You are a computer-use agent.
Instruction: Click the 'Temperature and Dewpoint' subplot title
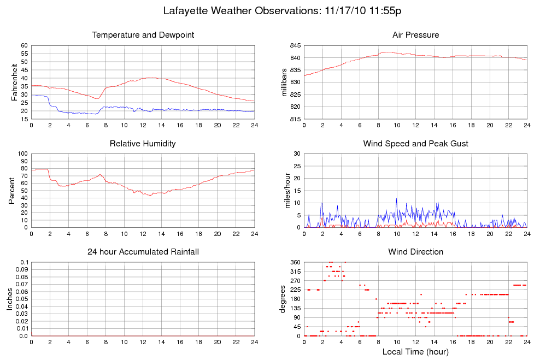143,35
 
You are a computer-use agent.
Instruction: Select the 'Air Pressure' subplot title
415,35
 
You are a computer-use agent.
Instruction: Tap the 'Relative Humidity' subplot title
143,144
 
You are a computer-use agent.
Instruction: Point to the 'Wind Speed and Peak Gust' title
415,144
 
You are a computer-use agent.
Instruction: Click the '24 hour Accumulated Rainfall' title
143,252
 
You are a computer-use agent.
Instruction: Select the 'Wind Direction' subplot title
415,252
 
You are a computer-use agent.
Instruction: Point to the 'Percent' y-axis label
11,191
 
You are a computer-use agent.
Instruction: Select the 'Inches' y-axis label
9,299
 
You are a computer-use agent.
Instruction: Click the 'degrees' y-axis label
283,299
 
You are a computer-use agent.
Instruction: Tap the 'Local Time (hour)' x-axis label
415,351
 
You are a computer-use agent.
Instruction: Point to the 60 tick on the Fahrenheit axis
24,45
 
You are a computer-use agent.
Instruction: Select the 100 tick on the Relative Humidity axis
22,154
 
